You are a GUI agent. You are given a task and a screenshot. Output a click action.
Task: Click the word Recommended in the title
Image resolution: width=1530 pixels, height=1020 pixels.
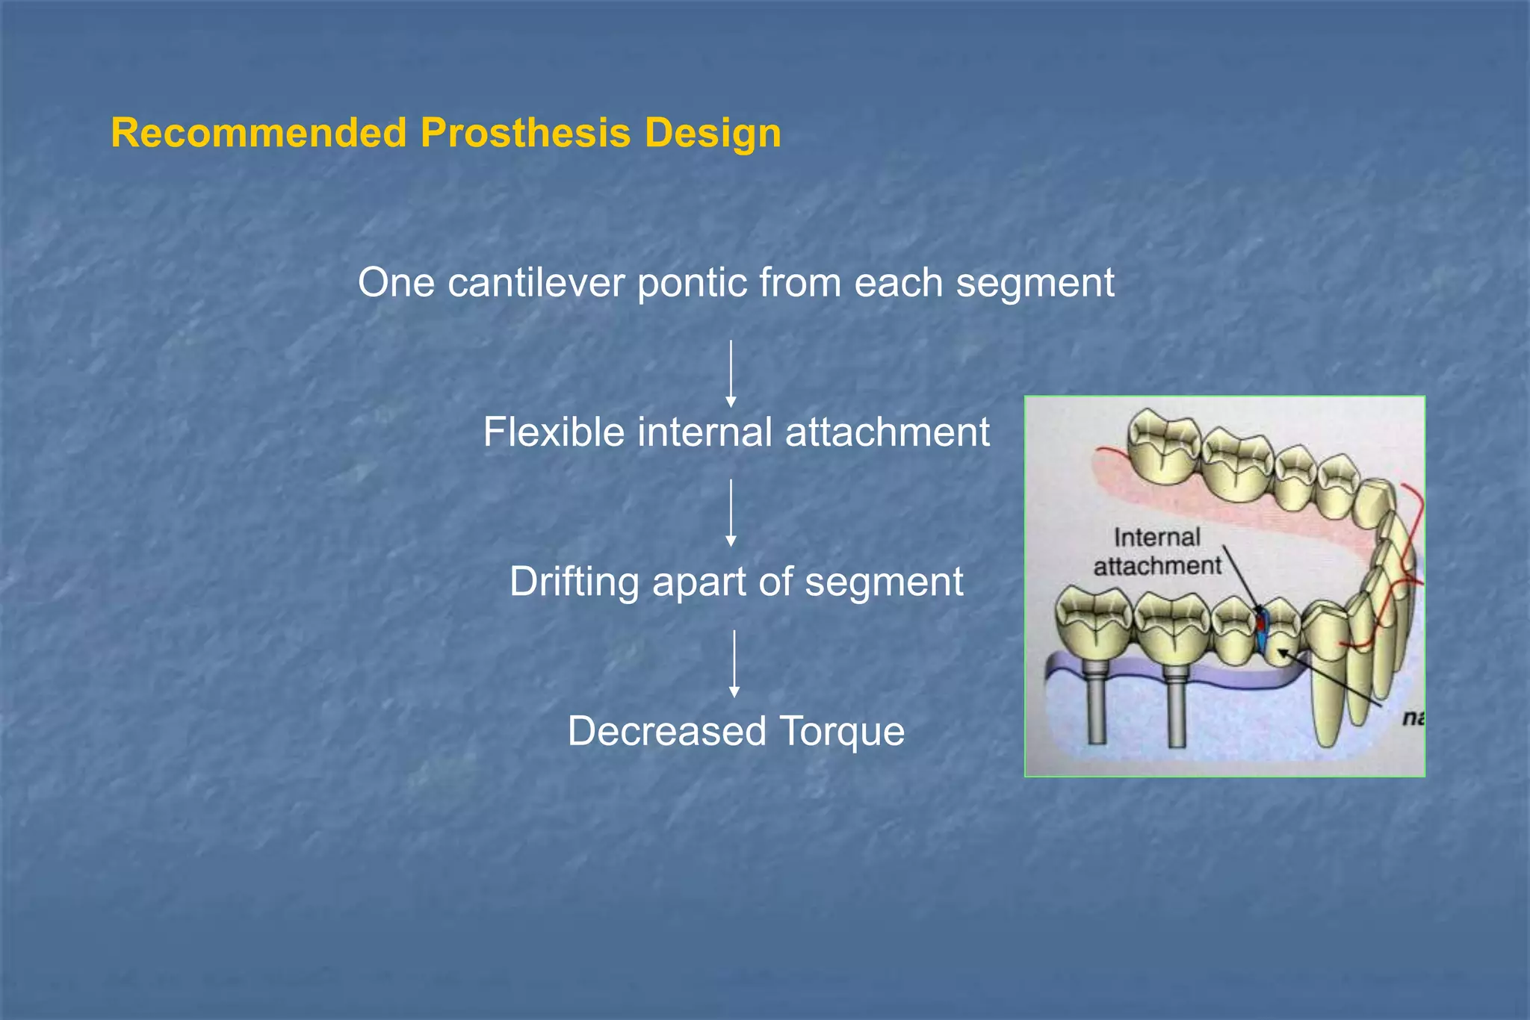click(258, 134)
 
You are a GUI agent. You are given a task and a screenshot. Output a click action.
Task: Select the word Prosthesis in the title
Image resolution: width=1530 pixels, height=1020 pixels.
click(526, 134)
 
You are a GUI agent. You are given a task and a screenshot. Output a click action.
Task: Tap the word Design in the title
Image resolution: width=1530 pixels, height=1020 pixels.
click(713, 134)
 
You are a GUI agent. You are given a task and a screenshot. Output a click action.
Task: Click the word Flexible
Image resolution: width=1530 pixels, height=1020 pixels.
click(553, 432)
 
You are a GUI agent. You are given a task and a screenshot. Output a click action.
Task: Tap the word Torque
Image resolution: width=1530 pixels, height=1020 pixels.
click(842, 731)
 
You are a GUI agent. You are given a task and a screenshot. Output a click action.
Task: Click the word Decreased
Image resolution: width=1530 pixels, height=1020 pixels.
click(666, 731)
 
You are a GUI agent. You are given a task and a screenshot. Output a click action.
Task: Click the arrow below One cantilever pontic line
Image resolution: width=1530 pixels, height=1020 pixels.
click(731, 373)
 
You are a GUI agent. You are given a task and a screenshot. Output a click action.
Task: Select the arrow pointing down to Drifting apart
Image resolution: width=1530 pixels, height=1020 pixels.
click(731, 513)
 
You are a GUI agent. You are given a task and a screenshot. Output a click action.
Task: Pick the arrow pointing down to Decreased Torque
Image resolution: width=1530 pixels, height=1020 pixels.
click(734, 663)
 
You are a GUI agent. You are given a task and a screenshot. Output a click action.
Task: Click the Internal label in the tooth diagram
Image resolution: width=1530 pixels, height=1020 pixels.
click(1156, 537)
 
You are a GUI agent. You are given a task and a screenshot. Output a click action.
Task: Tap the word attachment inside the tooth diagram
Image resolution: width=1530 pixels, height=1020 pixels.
click(1156, 566)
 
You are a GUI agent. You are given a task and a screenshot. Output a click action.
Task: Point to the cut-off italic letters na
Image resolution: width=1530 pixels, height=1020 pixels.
click(1412, 718)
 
